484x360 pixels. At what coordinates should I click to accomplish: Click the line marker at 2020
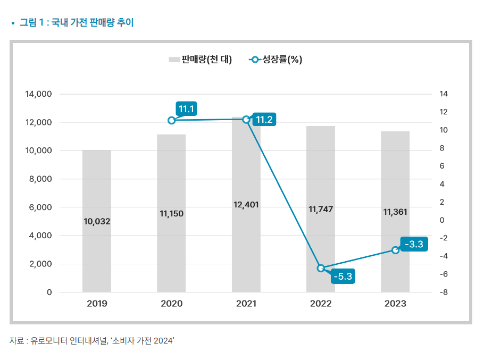point(172,120)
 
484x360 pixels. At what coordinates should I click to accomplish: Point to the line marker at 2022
point(321,268)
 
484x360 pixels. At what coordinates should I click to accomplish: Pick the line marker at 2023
point(395,250)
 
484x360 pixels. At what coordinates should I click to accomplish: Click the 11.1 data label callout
point(187,110)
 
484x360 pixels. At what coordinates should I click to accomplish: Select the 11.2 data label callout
point(264,120)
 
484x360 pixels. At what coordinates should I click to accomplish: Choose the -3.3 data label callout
point(413,245)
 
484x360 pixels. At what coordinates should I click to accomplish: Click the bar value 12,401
point(246,205)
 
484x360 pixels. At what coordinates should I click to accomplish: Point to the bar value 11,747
point(321,210)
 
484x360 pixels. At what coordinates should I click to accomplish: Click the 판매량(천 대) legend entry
point(201,60)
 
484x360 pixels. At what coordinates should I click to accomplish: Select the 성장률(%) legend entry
point(277,60)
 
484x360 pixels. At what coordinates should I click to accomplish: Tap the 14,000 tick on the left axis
point(38,94)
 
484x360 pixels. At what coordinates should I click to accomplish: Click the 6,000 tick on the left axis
point(41,207)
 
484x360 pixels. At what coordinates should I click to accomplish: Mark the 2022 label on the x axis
point(321,304)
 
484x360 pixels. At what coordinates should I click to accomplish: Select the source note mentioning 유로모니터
point(92,341)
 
